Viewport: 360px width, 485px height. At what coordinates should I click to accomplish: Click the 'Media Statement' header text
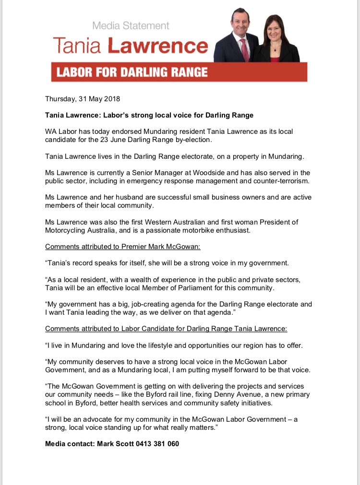pyautogui.click(x=131, y=25)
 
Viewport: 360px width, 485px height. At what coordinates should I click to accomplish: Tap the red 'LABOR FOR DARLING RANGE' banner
pyautogui.click(x=179, y=72)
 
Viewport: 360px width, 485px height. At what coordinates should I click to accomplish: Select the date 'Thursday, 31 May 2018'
pyautogui.click(x=83, y=99)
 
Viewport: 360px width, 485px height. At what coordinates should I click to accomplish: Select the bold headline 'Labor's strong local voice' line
pyautogui.click(x=149, y=115)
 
